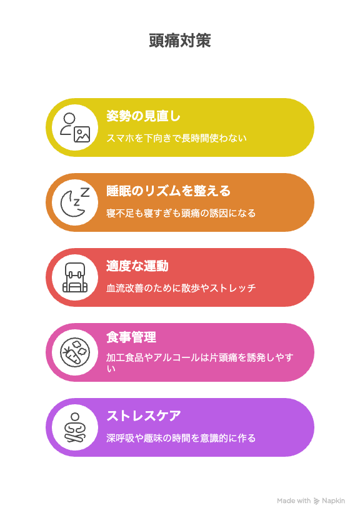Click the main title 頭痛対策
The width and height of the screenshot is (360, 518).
(x=180, y=41)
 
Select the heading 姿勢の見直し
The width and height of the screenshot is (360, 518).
(x=143, y=116)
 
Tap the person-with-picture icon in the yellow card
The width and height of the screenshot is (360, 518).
(x=75, y=127)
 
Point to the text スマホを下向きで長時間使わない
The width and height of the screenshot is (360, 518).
(x=176, y=138)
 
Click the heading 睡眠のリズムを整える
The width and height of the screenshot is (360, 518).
(x=168, y=191)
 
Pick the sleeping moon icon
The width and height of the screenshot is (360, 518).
(x=75, y=202)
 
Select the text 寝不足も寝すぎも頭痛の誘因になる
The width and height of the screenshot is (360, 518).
(x=181, y=213)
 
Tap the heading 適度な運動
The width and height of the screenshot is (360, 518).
(x=137, y=266)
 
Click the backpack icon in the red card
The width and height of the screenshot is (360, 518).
(x=75, y=277)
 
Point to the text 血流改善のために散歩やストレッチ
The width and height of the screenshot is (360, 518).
(x=181, y=288)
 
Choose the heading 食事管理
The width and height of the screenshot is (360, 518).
(x=131, y=337)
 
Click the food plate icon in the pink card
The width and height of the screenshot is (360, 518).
(x=75, y=352)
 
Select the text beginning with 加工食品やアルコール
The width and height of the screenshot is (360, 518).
(x=199, y=362)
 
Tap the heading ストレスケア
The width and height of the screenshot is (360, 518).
(x=144, y=416)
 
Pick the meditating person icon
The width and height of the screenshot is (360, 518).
(x=75, y=427)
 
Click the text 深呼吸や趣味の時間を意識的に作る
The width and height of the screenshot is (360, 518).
(x=181, y=438)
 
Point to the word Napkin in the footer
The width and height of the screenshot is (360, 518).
(x=333, y=501)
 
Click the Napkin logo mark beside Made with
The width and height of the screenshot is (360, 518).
(x=316, y=501)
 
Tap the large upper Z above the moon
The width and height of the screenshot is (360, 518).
(x=85, y=192)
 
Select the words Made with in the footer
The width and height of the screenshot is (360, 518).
(x=294, y=501)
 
